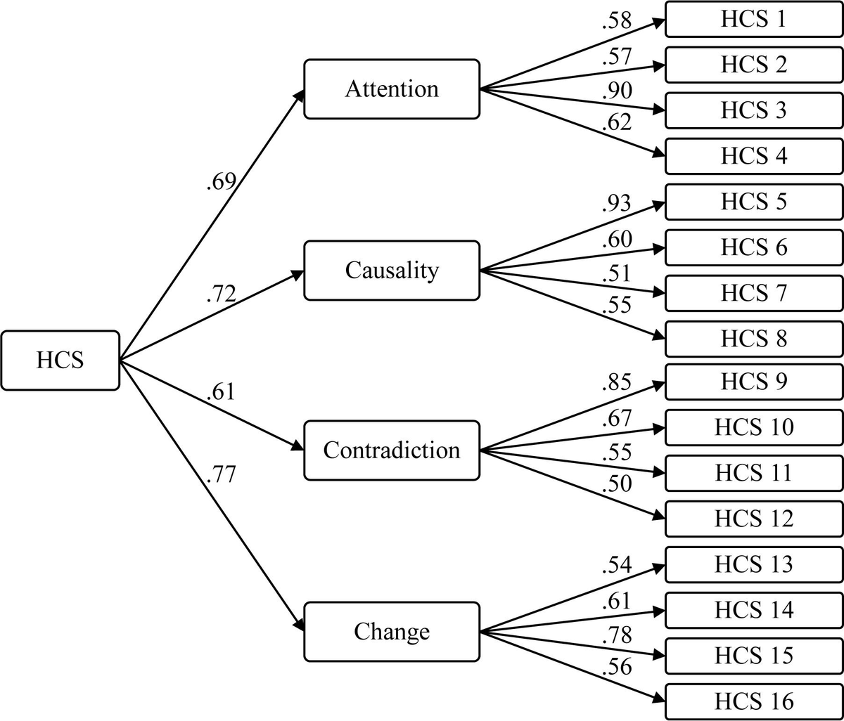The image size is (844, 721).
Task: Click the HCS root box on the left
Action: tap(60, 360)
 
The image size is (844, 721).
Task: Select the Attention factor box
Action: tap(392, 89)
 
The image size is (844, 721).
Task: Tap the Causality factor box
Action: tap(392, 270)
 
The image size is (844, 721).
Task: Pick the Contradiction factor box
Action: tap(392, 450)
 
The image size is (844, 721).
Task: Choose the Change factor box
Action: tap(392, 631)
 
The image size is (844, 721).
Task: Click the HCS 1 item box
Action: tap(753, 19)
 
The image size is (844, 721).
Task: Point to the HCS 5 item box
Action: tap(753, 202)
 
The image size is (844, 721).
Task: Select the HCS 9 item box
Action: tap(753, 382)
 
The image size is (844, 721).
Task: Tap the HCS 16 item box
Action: tap(753, 701)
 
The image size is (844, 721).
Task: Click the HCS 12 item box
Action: tap(753, 519)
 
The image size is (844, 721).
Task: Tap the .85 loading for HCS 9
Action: tap(617, 383)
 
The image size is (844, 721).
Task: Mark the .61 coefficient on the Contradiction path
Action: tap(221, 392)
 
